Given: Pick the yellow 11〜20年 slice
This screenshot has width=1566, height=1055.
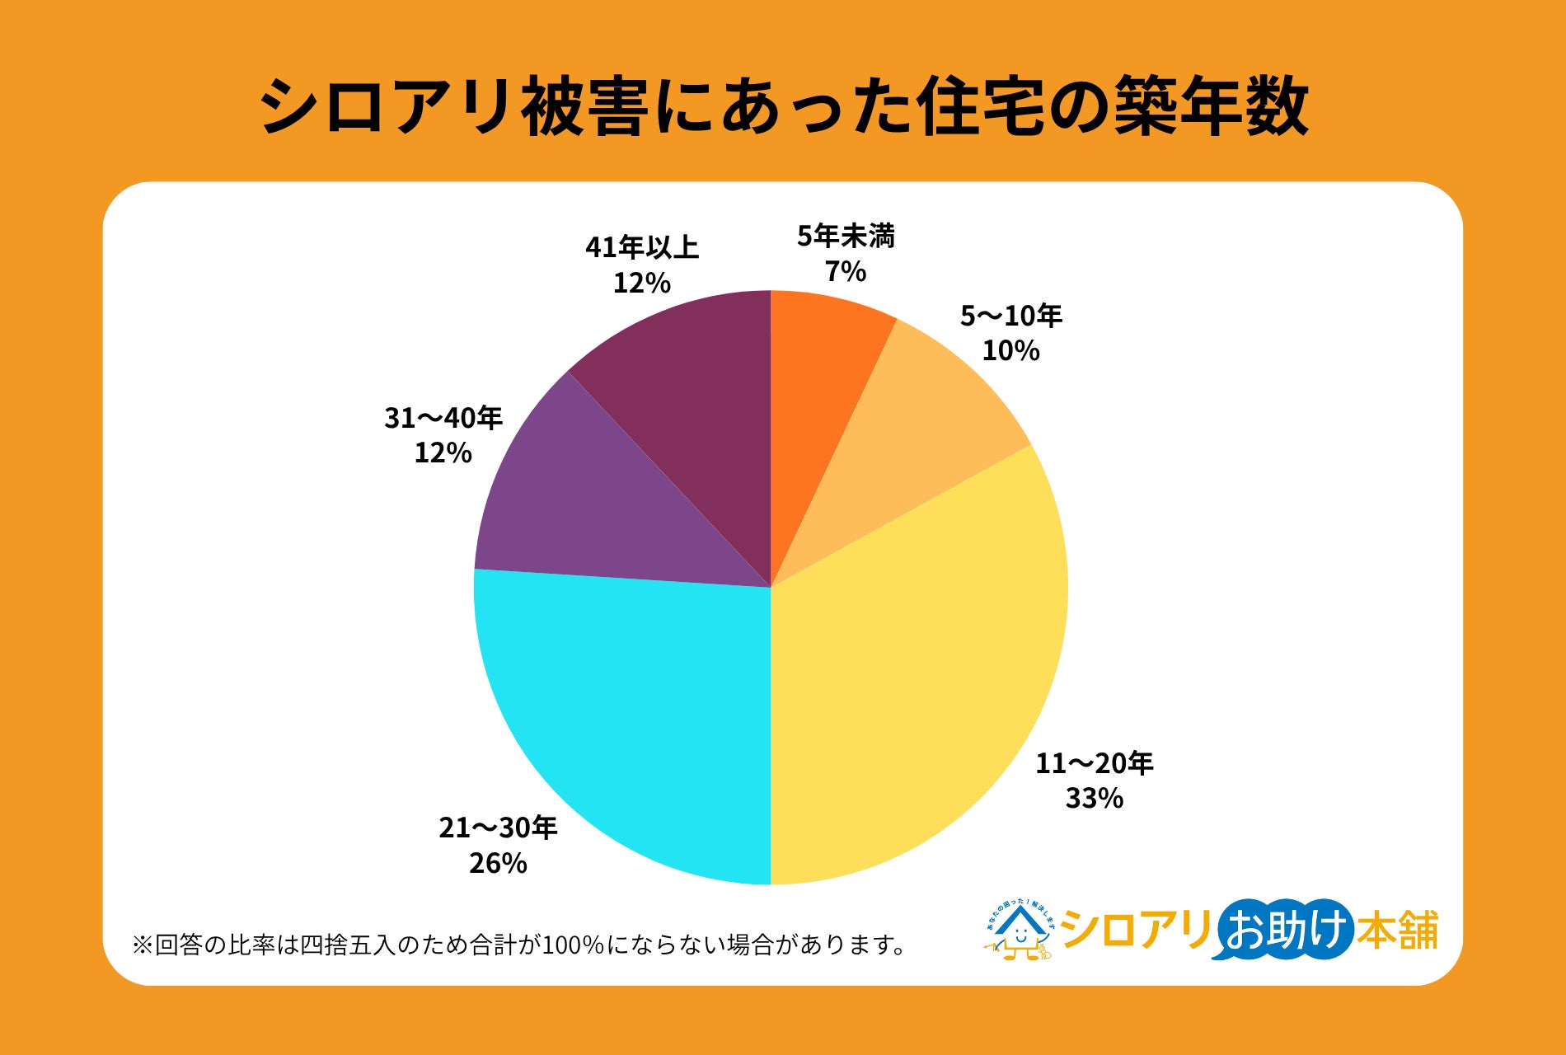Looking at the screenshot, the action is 923,684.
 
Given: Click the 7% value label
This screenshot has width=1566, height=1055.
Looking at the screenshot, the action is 846,271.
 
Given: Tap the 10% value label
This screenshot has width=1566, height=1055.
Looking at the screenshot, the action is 1010,350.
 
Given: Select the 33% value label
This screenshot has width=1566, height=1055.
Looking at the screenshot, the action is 1095,798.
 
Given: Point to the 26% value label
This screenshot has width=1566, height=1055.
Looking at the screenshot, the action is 498,863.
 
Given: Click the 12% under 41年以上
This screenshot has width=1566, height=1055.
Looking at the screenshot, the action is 641,283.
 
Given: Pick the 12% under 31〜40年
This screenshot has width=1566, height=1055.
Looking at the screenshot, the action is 443,452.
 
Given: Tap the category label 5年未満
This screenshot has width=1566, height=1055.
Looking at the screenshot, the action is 846,237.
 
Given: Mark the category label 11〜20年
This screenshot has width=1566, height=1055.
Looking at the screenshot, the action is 1095,763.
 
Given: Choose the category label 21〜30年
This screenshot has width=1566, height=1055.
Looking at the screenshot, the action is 498,828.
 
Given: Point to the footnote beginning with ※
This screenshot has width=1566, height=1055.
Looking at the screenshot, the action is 519,945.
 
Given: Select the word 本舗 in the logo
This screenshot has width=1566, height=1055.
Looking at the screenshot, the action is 1398,930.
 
